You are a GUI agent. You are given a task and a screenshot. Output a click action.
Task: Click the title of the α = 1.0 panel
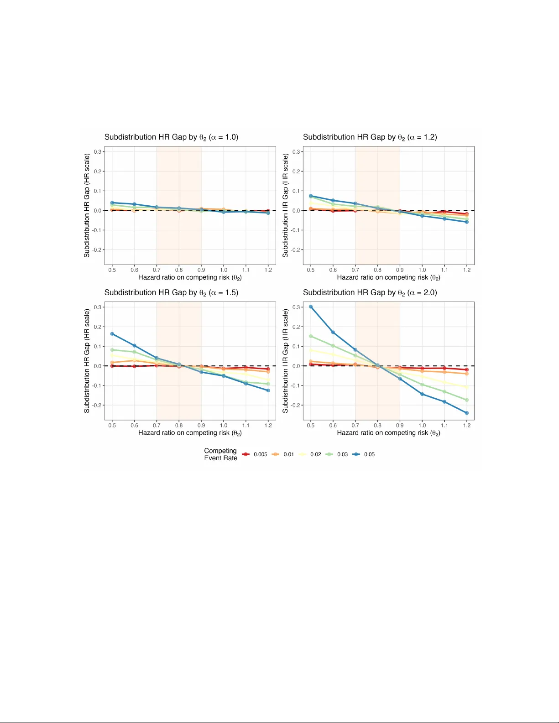coord(171,137)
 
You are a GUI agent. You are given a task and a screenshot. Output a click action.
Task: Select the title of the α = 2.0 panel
coord(370,292)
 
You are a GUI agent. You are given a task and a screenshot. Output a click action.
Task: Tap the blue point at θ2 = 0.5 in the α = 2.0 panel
coord(311,307)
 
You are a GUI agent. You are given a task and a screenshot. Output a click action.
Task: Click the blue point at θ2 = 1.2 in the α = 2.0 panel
coord(466,413)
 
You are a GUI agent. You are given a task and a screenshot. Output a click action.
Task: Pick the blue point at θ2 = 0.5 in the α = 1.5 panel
coord(112,334)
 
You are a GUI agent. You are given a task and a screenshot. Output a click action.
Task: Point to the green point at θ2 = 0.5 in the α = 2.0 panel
coord(311,336)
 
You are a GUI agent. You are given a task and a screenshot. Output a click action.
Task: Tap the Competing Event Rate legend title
coord(220,454)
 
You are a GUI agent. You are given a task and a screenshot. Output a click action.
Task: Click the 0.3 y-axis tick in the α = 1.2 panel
coord(296,151)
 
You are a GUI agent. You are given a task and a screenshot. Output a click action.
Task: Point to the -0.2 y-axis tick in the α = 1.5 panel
coord(97,405)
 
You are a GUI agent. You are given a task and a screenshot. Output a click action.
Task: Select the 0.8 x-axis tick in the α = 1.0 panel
coord(179,270)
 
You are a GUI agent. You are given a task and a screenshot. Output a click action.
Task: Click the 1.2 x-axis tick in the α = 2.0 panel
coord(466,425)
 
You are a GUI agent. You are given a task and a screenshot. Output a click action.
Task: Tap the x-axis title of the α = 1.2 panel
coord(388,277)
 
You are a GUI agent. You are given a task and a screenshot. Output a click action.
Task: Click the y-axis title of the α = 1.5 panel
coord(87,361)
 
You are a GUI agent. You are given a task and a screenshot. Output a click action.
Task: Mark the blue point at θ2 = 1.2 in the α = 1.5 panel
coord(268,390)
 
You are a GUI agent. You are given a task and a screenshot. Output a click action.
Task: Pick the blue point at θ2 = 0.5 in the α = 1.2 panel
coord(311,196)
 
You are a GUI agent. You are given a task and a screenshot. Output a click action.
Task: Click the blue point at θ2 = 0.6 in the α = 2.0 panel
coord(333,332)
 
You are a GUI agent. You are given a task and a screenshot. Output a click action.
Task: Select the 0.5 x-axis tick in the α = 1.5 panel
coord(112,425)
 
